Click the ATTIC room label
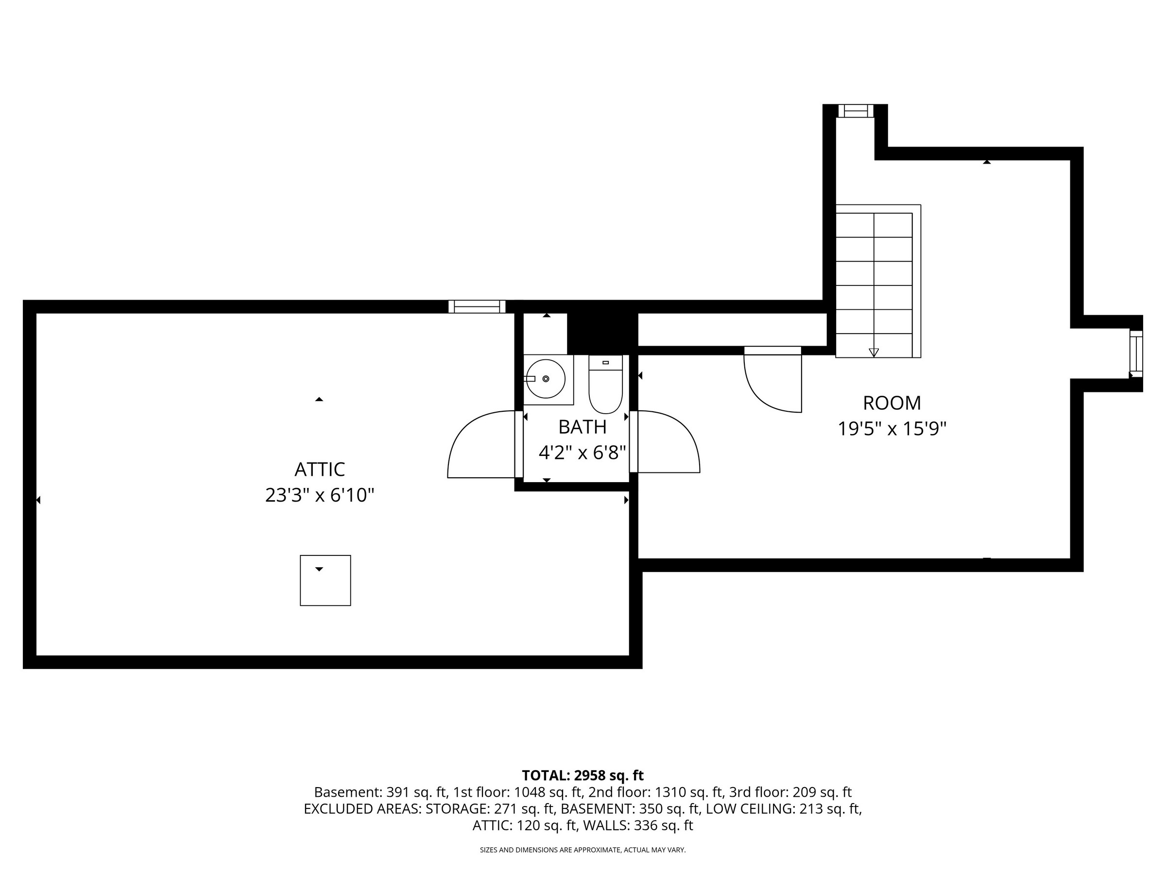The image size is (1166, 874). coord(320,469)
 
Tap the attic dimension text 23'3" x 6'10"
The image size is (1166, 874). coord(320,495)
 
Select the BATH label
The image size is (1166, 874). coord(582,427)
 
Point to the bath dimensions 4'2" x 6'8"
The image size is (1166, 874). coord(582,453)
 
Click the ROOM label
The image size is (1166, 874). coord(892,403)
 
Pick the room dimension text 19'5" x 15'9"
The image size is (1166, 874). coord(892,429)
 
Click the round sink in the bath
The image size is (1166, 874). coord(546,379)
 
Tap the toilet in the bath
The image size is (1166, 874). coord(605,384)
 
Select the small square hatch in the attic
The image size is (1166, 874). coord(325,581)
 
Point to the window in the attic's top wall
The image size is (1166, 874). coord(477,306)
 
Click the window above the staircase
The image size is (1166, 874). coord(856,111)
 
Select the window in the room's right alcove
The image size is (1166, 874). coord(1136,354)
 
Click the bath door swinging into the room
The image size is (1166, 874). coord(665,441)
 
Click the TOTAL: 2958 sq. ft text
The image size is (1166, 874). coord(583,775)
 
